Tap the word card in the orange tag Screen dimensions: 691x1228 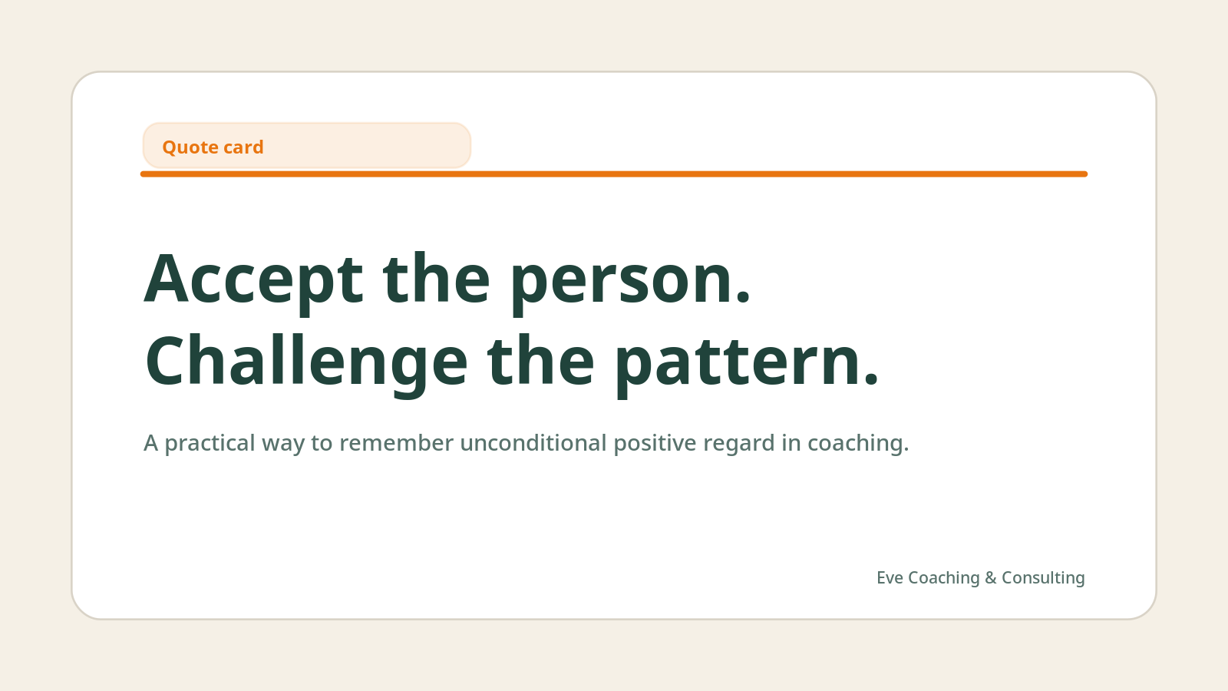click(x=243, y=147)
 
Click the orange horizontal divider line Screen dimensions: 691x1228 click(x=614, y=174)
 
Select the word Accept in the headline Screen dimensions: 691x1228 click(x=253, y=280)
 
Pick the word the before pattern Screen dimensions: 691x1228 click(x=540, y=361)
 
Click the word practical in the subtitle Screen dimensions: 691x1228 click(x=210, y=444)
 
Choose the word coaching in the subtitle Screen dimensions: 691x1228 click(x=855, y=444)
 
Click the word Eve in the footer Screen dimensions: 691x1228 click(x=890, y=578)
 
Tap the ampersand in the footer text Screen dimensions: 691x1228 click(x=990, y=578)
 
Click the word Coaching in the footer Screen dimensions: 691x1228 click(x=943, y=578)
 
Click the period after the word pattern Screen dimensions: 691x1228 click(x=871, y=379)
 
